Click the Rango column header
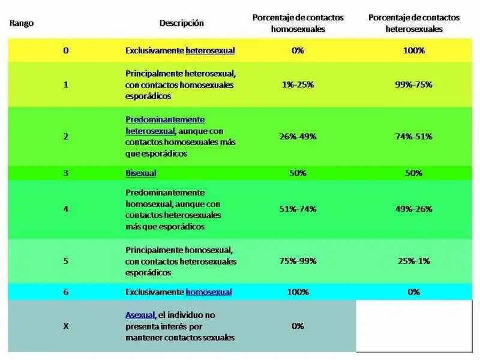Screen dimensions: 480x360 tap(22, 23)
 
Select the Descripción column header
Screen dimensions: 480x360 tap(182, 23)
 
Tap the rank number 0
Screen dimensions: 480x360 tap(66, 50)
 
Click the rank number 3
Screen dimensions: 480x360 tap(66, 173)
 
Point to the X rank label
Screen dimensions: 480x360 tap(66, 326)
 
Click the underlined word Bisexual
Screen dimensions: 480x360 tap(141, 173)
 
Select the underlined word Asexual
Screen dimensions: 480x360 tap(140, 315)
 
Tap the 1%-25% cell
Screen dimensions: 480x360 tap(298, 85)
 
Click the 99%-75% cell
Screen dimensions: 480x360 tap(413, 85)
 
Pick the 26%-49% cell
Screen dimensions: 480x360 tap(298, 137)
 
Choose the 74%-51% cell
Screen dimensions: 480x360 tap(413, 137)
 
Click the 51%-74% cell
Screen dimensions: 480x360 tap(298, 209)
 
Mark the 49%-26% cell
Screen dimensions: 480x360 tap(413, 209)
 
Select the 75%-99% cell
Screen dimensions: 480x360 tap(298, 261)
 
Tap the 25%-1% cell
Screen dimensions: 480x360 tap(413, 261)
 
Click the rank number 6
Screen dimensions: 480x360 tap(66, 292)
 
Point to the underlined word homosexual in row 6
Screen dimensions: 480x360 tap(208, 292)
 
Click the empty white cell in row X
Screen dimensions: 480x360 tap(414, 326)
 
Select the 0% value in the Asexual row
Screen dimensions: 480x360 tap(298, 326)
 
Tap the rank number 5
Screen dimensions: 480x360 tap(66, 261)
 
